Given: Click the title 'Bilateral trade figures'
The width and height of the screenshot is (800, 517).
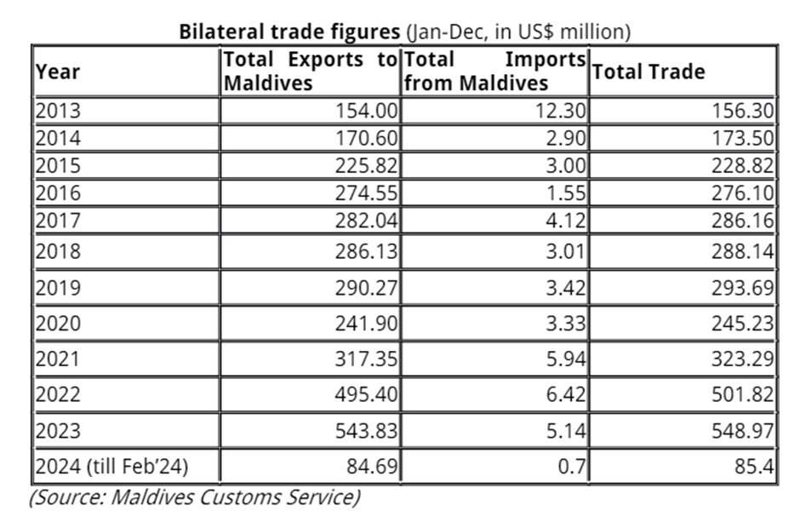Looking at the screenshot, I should click(x=289, y=32).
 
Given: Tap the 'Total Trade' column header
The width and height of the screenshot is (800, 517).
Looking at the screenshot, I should click(x=649, y=72).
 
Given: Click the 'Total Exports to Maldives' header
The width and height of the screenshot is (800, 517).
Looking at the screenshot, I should click(x=310, y=72).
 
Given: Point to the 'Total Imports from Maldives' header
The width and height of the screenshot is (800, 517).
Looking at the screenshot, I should click(x=494, y=72).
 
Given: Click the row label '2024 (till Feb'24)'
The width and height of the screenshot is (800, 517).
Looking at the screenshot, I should click(x=111, y=466).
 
